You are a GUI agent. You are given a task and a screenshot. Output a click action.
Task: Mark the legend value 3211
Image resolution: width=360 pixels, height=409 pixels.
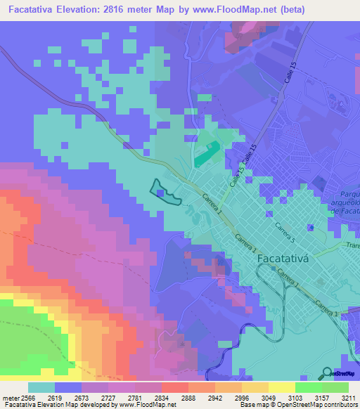348,397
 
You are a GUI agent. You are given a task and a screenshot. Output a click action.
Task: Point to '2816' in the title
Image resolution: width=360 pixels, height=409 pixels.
127,10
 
